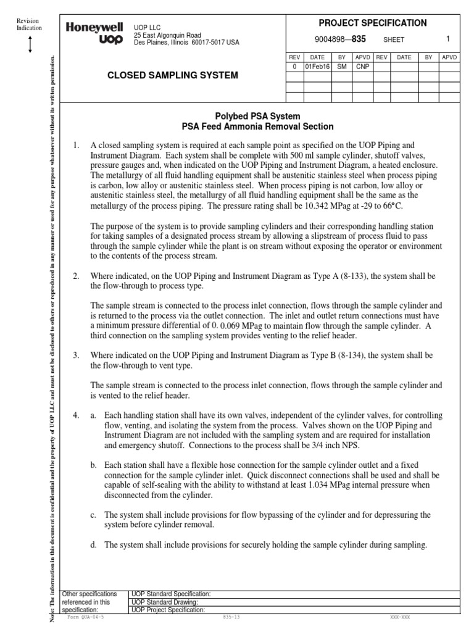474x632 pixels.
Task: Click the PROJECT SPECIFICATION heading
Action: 372,23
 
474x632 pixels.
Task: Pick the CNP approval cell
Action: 362,66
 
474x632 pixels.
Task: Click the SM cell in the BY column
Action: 341,66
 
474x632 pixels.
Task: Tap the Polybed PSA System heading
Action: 257,116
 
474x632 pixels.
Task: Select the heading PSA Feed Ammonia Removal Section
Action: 257,127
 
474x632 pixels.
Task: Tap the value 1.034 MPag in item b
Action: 349,484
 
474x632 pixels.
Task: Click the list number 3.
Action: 77,355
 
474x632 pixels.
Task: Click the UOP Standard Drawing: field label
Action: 164,602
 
